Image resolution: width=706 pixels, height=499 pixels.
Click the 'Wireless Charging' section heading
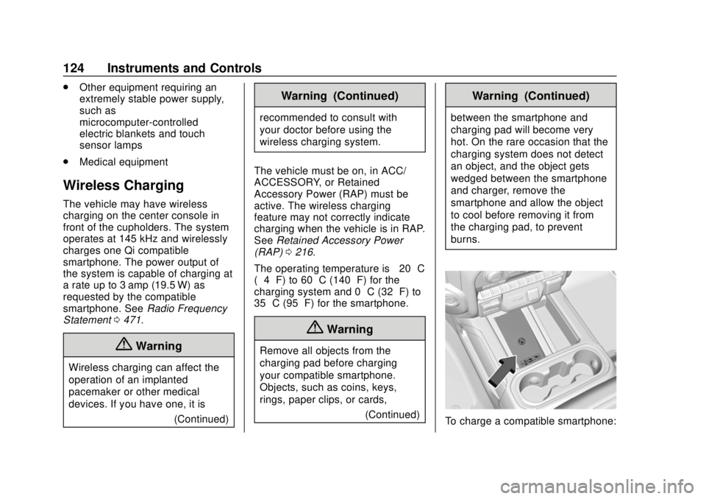tap(124, 185)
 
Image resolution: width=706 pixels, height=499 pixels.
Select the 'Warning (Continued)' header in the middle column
tap(339, 96)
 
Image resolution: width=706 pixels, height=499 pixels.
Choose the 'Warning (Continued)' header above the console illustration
tap(530, 96)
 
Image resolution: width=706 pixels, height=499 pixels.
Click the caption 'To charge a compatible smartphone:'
tap(529, 421)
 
